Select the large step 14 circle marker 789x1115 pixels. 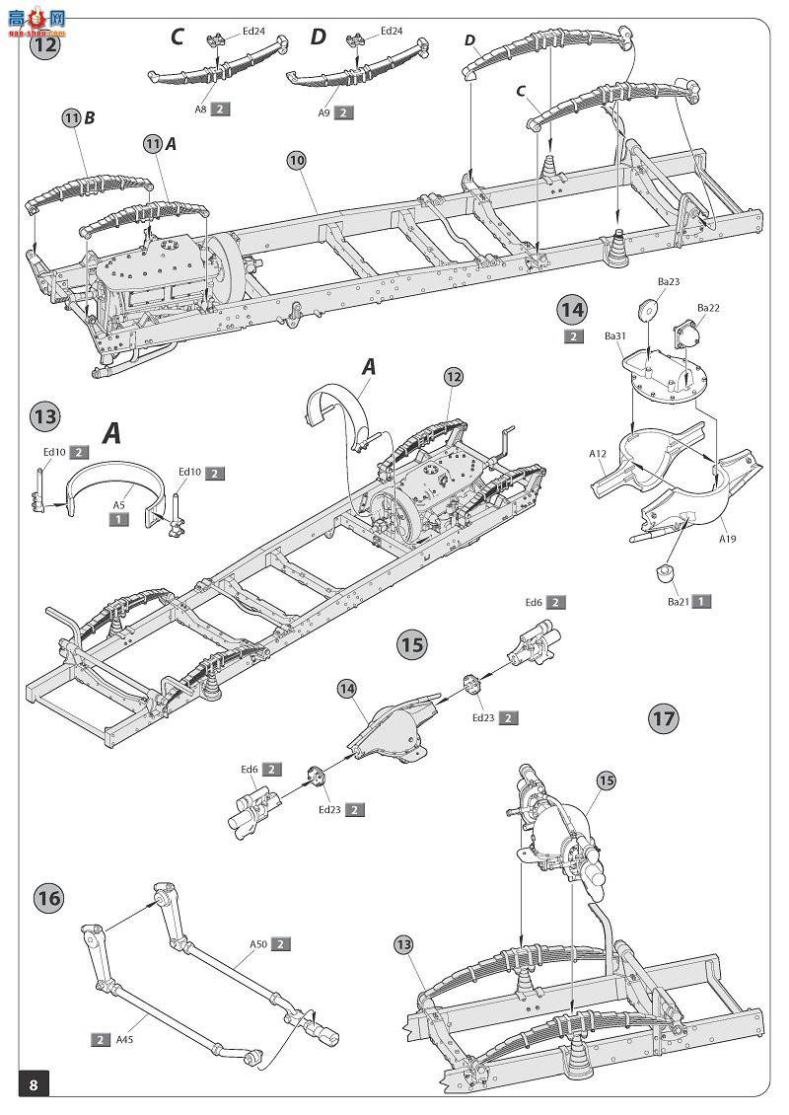pos(572,309)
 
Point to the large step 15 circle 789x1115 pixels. pos(412,644)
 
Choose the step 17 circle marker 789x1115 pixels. pos(664,718)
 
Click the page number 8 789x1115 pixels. pos(34,1085)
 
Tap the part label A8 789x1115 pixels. pos(200,111)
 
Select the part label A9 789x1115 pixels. pos(323,113)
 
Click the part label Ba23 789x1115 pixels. pos(669,282)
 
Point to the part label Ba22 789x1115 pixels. pos(708,308)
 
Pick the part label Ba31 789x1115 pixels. pos(615,336)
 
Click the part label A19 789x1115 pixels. pos(727,539)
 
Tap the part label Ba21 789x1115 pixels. pos(677,601)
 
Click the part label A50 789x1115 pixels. pos(257,944)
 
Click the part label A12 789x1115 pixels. pos(598,454)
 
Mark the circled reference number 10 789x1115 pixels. pos(298,160)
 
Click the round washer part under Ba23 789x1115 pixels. pos(648,307)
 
